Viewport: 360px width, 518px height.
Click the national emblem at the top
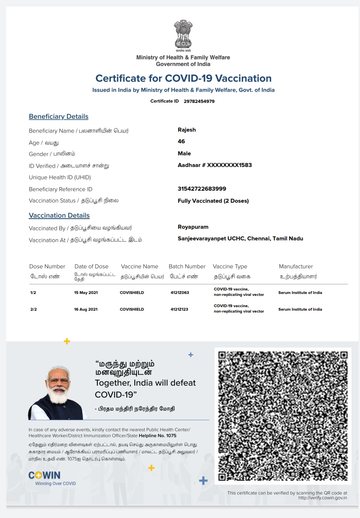[x=183, y=35]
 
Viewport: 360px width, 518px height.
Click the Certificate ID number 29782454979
[x=199, y=101]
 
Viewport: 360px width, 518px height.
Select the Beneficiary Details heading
[x=59, y=116]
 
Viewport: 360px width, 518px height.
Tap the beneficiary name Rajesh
[x=187, y=130]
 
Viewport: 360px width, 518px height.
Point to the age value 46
[x=181, y=141]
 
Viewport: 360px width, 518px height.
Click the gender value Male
[x=184, y=153]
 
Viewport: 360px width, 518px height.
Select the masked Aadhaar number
[x=215, y=165]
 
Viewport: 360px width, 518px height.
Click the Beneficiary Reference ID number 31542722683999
[x=202, y=189]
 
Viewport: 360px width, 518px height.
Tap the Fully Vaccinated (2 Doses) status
[x=213, y=201]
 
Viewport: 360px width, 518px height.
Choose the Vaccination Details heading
[x=59, y=216]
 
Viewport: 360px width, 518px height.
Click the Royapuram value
[x=193, y=227]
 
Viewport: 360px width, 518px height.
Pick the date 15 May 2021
[x=86, y=293]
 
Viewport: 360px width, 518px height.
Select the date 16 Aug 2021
[x=86, y=309]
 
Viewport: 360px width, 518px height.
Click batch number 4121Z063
[x=180, y=293]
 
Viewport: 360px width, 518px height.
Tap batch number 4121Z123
[x=179, y=309]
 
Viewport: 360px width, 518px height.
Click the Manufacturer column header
[x=296, y=266]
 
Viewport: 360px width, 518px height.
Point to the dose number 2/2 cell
[x=33, y=309]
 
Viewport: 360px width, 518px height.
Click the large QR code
[x=283, y=416]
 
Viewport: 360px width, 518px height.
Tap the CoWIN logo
[x=45, y=476]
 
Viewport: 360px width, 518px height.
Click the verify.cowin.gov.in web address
[x=322, y=498]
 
